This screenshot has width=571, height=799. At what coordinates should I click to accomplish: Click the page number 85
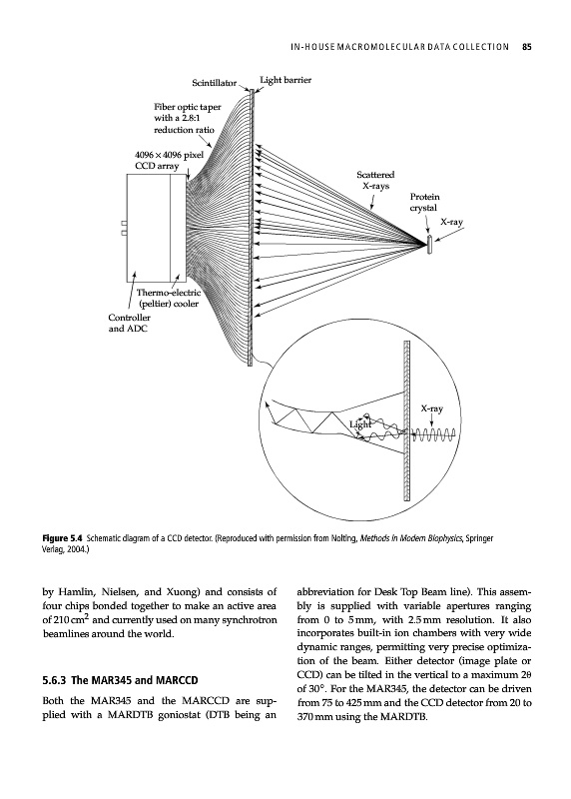point(527,47)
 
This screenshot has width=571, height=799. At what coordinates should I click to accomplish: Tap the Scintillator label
point(214,83)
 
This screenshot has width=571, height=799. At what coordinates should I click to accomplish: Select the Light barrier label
point(285,80)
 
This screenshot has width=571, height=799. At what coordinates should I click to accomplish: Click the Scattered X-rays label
point(376,181)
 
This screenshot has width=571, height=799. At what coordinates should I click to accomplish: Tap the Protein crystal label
point(424,203)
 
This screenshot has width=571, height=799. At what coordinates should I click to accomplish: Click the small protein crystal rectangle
point(429,245)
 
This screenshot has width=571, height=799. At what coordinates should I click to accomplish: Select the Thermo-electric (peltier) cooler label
point(169,299)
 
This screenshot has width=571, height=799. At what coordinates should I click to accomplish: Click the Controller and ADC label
point(129,323)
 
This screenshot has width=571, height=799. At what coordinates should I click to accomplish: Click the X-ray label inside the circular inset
point(431,408)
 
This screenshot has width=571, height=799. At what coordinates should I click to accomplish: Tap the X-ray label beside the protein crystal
point(451,222)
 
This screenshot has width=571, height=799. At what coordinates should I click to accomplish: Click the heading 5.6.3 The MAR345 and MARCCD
point(120,680)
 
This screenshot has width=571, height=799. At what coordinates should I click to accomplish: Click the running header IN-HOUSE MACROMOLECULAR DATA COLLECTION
point(399,47)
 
